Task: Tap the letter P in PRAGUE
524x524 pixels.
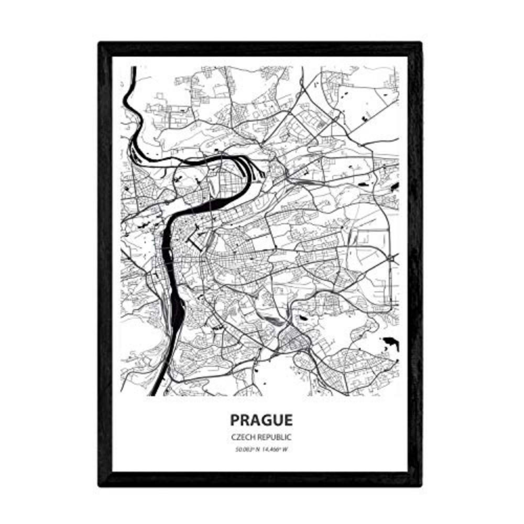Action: coord(234,421)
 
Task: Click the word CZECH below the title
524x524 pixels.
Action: coord(241,436)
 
